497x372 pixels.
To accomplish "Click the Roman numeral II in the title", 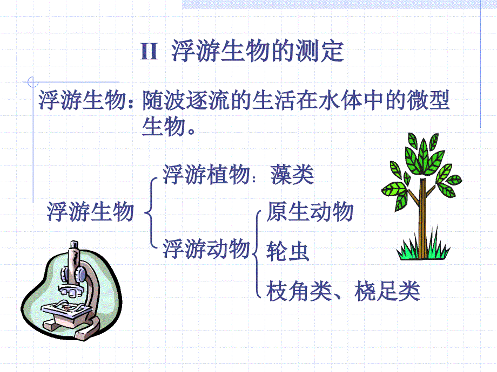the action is [149, 51].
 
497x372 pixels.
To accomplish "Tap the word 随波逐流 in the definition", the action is [186, 100].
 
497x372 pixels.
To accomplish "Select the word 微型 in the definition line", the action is [428, 100].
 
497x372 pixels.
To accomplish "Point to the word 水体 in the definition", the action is [340, 100].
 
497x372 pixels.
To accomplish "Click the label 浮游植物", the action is [206, 174].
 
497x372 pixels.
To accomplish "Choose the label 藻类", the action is [292, 174].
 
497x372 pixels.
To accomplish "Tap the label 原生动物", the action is [310, 211].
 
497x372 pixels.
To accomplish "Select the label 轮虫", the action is [288, 251].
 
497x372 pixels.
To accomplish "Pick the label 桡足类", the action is [387, 291].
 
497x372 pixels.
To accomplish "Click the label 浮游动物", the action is [206, 249].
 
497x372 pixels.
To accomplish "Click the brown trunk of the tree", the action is [422, 218].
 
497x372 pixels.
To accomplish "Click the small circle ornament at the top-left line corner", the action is [32, 82].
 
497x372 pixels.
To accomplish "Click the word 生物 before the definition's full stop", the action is [164, 127].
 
